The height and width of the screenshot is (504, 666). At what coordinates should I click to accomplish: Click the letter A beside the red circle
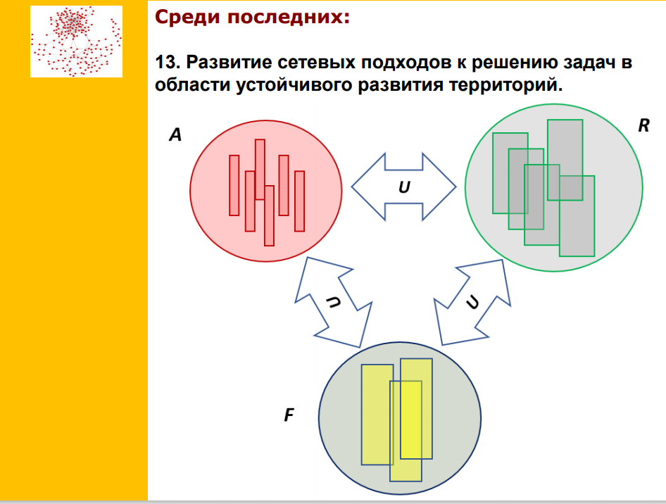click(x=175, y=134)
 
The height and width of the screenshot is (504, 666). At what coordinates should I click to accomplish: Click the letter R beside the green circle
click(x=644, y=125)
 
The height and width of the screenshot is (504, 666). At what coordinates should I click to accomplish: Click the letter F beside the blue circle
click(x=289, y=415)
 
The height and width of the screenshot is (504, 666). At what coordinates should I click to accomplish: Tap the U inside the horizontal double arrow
click(x=404, y=187)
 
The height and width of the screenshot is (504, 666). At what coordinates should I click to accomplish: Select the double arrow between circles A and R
click(x=404, y=187)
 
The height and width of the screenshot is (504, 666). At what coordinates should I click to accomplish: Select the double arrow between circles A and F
click(x=334, y=302)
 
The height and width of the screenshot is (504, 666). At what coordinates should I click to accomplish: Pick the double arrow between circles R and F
click(x=472, y=302)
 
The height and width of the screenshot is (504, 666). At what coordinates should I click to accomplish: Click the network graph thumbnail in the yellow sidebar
click(x=77, y=42)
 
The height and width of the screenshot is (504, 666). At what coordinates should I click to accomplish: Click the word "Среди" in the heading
click(x=187, y=18)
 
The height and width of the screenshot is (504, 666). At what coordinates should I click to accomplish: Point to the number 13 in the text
click(x=165, y=62)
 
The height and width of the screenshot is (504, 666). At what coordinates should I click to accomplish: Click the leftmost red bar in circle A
click(x=234, y=185)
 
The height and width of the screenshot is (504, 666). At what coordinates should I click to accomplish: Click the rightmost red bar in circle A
click(x=299, y=201)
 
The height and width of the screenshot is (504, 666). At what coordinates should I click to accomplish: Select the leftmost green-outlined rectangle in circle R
click(x=510, y=173)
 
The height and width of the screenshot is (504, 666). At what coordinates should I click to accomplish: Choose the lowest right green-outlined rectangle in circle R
click(x=577, y=216)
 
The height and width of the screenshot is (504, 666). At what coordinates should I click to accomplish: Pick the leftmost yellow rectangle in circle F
click(x=377, y=415)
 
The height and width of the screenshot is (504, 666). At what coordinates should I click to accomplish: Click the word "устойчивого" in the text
click(x=294, y=85)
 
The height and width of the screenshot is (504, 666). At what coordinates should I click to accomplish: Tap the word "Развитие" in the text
click(x=229, y=62)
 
